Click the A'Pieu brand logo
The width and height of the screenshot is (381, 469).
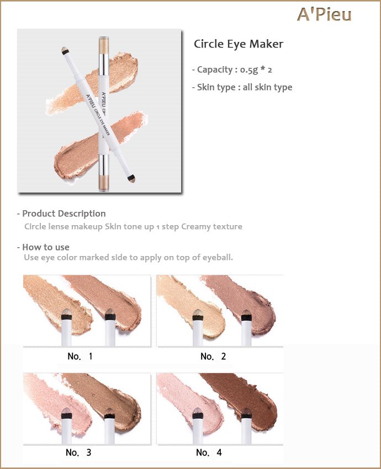click(324, 15)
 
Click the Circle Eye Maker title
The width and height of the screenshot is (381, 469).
click(238, 44)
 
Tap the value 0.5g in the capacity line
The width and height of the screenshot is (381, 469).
click(248, 70)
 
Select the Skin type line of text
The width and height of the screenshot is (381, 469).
click(242, 87)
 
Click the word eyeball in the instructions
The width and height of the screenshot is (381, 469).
click(218, 258)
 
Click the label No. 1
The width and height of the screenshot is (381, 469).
click(80, 356)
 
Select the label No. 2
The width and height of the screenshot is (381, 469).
click(213, 356)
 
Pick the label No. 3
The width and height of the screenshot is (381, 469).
click(78, 452)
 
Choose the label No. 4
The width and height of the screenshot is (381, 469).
click(209, 452)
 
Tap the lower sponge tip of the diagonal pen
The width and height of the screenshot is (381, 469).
click(131, 178)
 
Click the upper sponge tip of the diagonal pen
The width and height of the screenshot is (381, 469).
click(65, 50)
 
